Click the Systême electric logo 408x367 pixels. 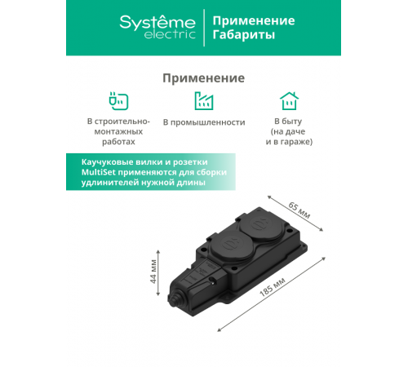point(157,27)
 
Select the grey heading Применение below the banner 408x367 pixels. point(203,78)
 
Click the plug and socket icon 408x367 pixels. point(118,101)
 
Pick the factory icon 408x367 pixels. point(203,101)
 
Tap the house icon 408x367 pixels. point(288,101)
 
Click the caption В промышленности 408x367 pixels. point(203,122)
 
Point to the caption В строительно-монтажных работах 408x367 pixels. point(118,131)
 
